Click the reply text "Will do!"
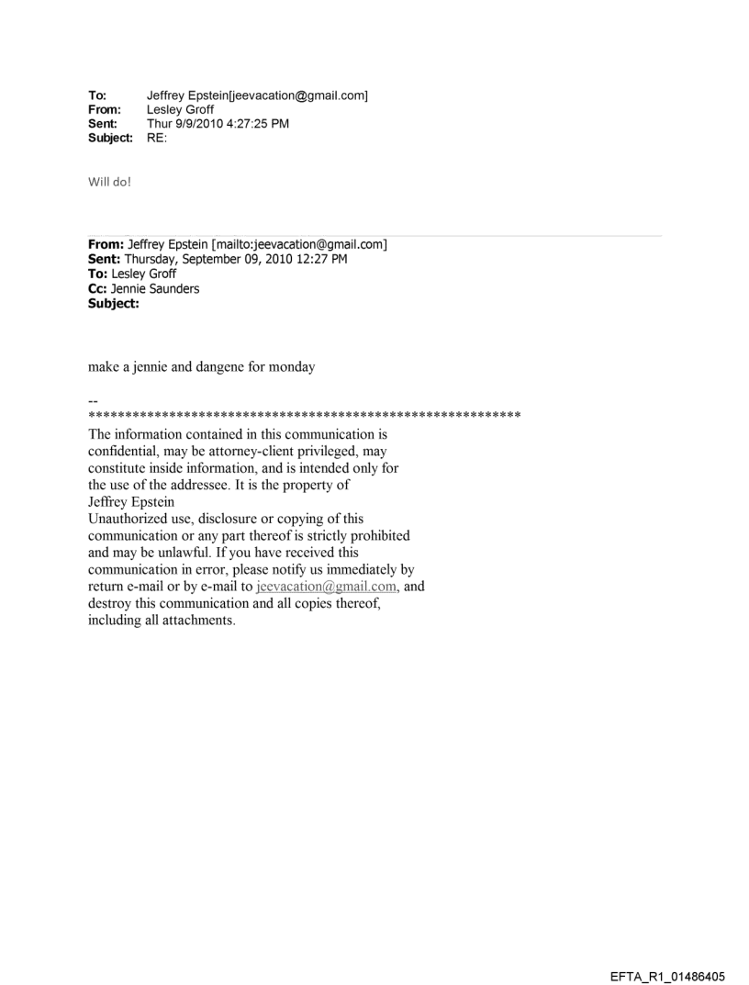[110, 181]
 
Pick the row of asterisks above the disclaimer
[305, 416]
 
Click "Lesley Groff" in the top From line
[181, 110]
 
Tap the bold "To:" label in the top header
[96, 96]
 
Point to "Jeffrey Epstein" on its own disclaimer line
[132, 502]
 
